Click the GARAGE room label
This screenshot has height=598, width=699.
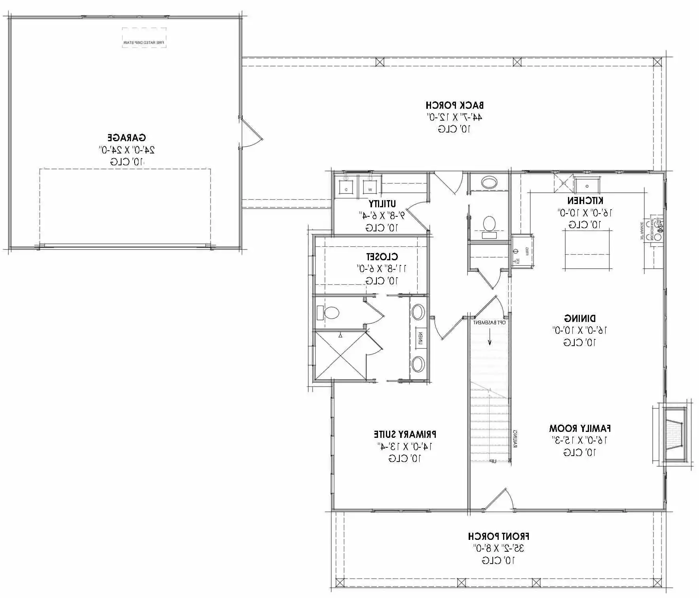pyautogui.click(x=127, y=138)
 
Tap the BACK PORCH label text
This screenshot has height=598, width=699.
pyautogui.click(x=454, y=105)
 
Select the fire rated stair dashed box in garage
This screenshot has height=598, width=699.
pyautogui.click(x=144, y=38)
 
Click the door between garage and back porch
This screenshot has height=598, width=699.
pyautogui.click(x=251, y=133)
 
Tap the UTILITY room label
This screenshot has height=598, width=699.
pyautogui.click(x=382, y=204)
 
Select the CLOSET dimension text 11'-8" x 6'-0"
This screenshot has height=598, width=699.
pyautogui.click(x=381, y=269)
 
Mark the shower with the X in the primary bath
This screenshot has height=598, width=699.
pyautogui.click(x=339, y=355)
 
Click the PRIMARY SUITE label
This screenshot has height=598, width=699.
pyautogui.click(x=405, y=434)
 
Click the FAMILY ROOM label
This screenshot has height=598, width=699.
pyautogui.click(x=579, y=428)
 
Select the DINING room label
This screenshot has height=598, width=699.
pyautogui.click(x=579, y=318)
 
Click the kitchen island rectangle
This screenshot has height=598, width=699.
pyautogui.click(x=587, y=249)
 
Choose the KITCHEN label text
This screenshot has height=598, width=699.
pyautogui.click(x=585, y=200)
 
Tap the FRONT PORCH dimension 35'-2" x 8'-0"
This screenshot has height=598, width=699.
pyautogui.click(x=498, y=548)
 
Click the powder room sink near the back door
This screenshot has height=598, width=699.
pyautogui.click(x=489, y=183)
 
